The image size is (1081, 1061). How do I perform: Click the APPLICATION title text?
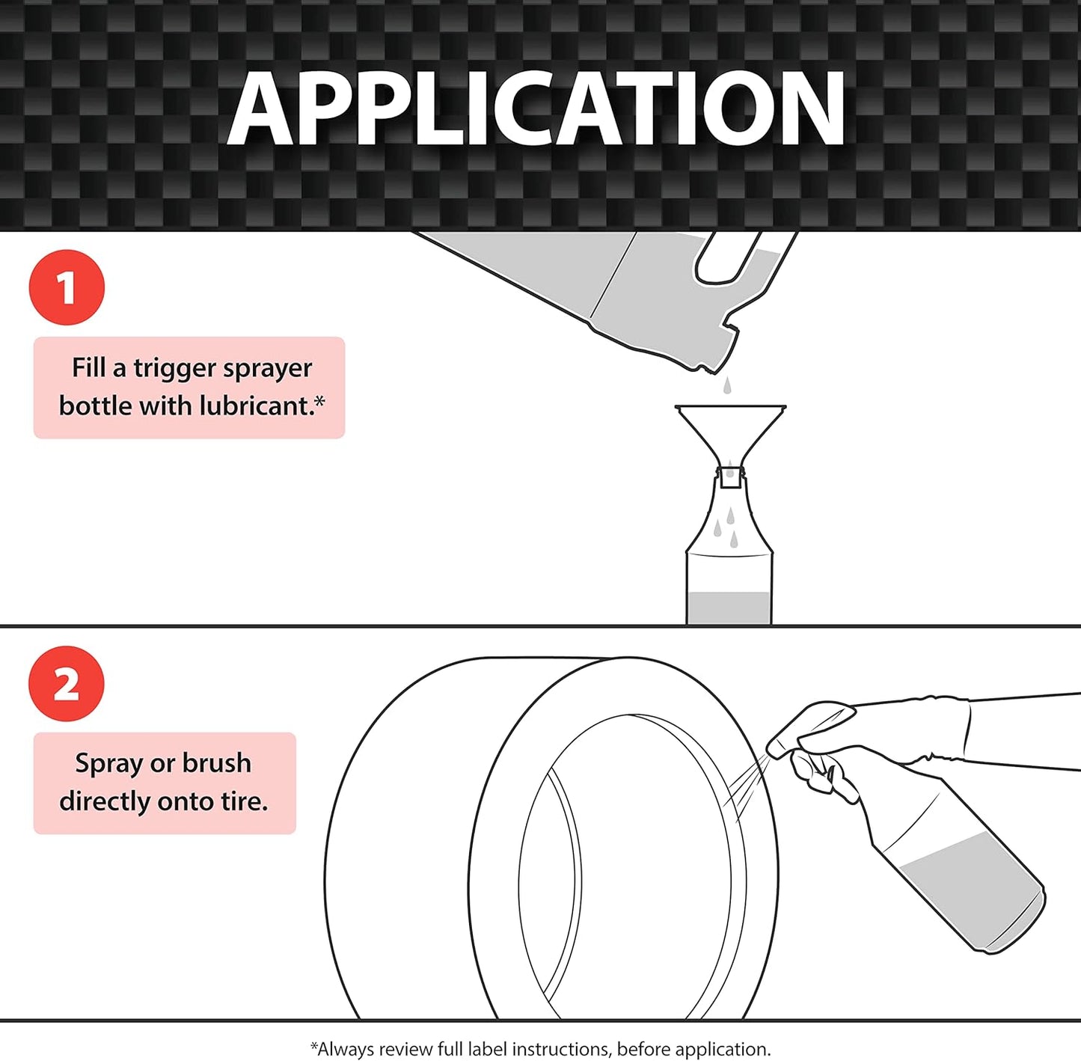(536, 109)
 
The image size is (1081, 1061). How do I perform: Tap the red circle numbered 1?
(67, 287)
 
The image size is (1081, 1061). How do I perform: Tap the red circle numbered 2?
(67, 684)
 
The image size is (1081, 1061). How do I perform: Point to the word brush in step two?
(216, 763)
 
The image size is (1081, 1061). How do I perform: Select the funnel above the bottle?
(730, 430)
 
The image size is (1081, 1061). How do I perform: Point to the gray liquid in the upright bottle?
(729, 608)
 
